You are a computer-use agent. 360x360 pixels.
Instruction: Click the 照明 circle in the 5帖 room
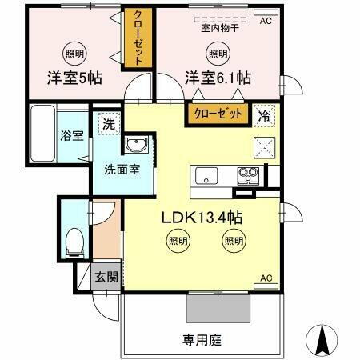coord(73,54)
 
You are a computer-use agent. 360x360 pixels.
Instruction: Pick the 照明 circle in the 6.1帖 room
coord(217,54)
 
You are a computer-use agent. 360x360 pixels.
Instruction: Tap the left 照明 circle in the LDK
coord(177,240)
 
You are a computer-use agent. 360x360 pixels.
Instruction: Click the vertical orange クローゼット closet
coord(137,38)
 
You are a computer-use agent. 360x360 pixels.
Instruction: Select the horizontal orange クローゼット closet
coord(216,114)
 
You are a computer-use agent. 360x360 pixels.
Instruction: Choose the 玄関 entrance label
coord(106,278)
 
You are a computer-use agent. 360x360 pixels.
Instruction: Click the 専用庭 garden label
coord(200,339)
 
